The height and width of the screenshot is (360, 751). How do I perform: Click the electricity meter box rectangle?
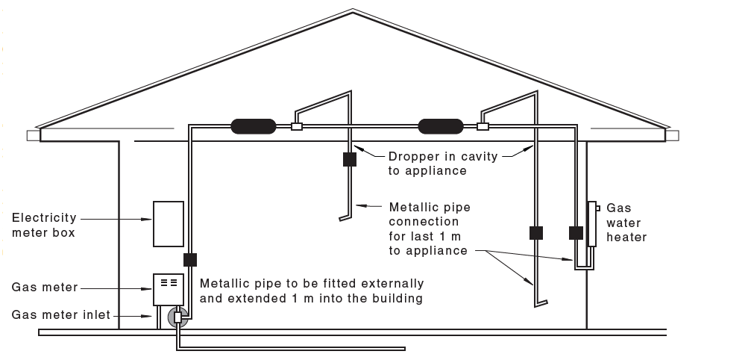pyautogui.click(x=168, y=223)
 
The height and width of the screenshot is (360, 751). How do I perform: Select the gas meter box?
pyautogui.click(x=168, y=288)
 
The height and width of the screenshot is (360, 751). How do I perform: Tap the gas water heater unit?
pyautogui.click(x=591, y=223)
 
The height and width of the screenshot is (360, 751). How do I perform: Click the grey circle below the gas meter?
pyautogui.click(x=177, y=317)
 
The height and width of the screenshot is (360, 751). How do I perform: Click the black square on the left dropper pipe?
pyautogui.click(x=349, y=159)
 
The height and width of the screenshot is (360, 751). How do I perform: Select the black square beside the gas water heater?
pyautogui.click(x=575, y=232)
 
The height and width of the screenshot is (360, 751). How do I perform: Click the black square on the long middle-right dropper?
pyautogui.click(x=535, y=232)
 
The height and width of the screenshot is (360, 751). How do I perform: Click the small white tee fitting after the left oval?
pyautogui.click(x=297, y=126)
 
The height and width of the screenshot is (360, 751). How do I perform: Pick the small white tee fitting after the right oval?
pyautogui.click(x=483, y=126)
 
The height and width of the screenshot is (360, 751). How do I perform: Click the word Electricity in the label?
pyautogui.click(x=44, y=218)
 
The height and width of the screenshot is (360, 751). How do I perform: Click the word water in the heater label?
pyautogui.click(x=623, y=223)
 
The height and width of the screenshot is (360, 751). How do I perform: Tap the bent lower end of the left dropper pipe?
pyautogui.click(x=343, y=218)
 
